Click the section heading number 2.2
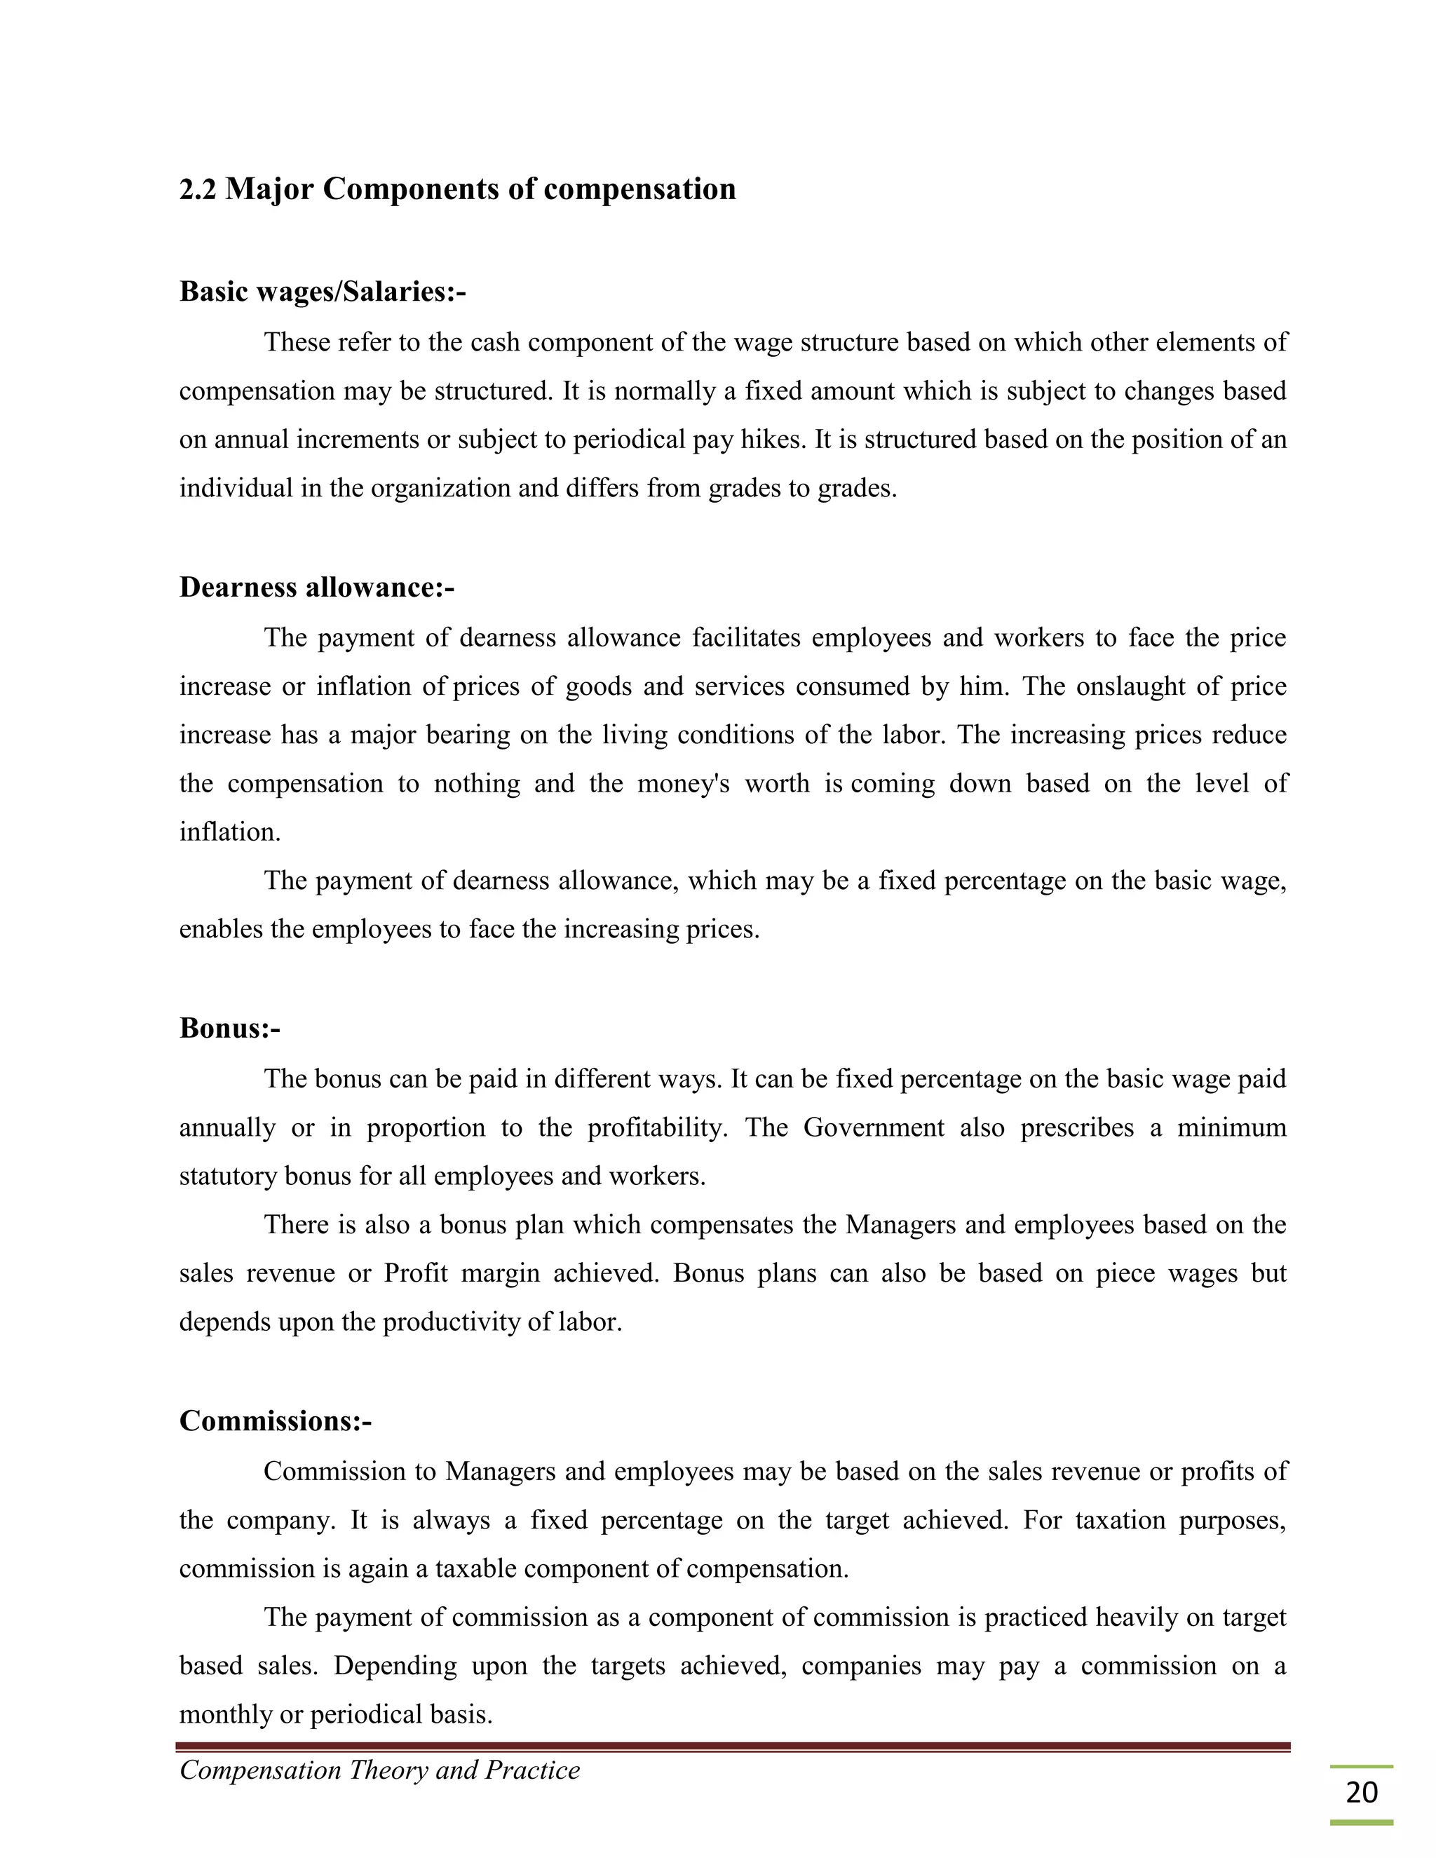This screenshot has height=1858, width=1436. pyautogui.click(x=198, y=189)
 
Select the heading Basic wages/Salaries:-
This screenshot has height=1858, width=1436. pyautogui.click(x=323, y=292)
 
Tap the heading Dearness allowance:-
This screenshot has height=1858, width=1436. pyautogui.click(x=316, y=587)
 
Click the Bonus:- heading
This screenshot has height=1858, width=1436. pyautogui.click(x=230, y=1029)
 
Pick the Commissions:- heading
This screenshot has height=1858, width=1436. pyautogui.click(x=276, y=1420)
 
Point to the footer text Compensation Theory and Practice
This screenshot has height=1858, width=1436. pyautogui.click(x=379, y=1770)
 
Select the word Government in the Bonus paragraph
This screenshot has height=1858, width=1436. pyautogui.click(x=874, y=1128)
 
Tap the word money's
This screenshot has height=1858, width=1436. pyautogui.click(x=683, y=784)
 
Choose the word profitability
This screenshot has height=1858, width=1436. pyautogui.click(x=657, y=1128)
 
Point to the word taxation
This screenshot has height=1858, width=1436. pyautogui.click(x=1118, y=1520)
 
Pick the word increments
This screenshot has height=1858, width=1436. pyautogui.click(x=360, y=440)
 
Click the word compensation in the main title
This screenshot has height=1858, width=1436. pyautogui.click(x=639, y=189)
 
